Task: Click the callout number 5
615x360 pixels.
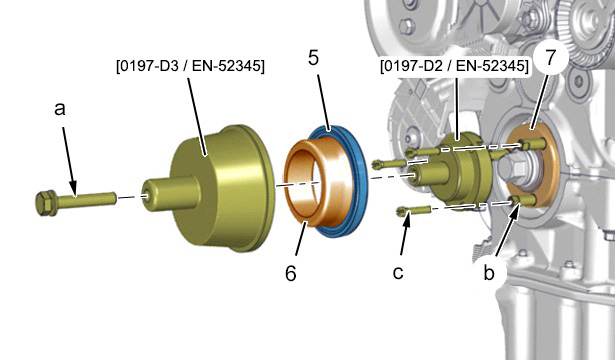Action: click(313, 58)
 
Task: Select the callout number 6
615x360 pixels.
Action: click(291, 273)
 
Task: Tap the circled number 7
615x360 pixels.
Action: click(551, 57)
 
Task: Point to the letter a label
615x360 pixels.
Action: click(60, 109)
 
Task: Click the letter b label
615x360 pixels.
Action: click(489, 273)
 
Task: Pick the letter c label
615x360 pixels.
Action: click(398, 273)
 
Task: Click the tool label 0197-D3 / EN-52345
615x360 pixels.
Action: click(190, 66)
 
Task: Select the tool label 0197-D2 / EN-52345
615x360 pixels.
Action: click(454, 66)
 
